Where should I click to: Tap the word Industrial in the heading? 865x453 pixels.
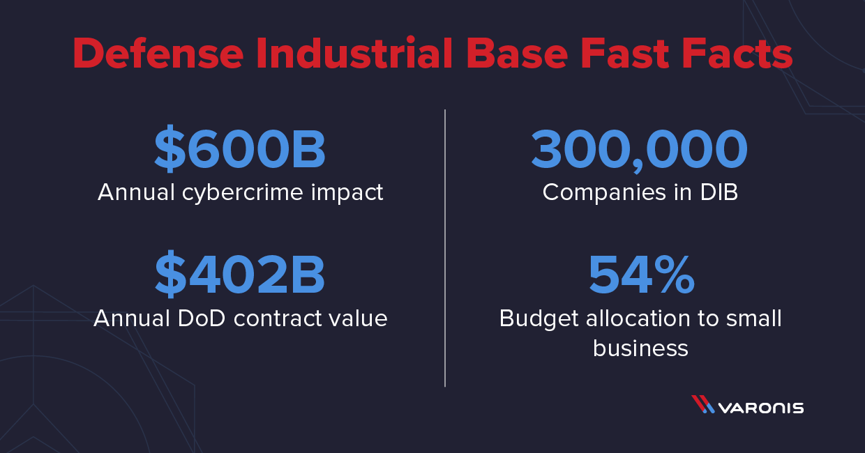[x=354, y=52]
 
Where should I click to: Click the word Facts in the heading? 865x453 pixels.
[x=737, y=53]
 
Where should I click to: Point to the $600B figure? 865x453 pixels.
[x=240, y=149]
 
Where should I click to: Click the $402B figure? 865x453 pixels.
[x=240, y=275]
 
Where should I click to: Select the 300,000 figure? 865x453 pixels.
[x=640, y=151]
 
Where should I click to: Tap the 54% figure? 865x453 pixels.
[x=641, y=275]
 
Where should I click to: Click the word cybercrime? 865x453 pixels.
[x=243, y=193]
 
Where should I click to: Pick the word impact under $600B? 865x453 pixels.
[x=347, y=193]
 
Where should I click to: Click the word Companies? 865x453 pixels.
[x=604, y=193]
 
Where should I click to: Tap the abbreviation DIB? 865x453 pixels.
[x=719, y=192]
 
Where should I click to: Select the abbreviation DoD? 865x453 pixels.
[x=201, y=318]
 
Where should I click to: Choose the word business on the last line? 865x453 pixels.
[x=640, y=348]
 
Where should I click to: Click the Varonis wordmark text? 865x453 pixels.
[x=761, y=408]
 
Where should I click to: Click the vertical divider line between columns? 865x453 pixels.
[x=445, y=248]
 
